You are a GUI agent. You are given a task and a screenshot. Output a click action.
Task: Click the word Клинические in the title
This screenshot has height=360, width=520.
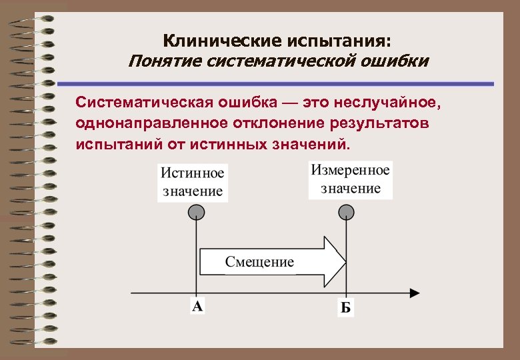coord(213,41)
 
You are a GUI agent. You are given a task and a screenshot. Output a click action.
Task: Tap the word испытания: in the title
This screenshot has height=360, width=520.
coord(344,41)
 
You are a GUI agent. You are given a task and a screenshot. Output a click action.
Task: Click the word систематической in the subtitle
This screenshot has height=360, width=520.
coord(288,62)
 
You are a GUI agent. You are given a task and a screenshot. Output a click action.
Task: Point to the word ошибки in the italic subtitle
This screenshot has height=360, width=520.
coord(397,62)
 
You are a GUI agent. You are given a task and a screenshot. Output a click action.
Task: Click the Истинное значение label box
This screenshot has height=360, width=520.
coord(192,181)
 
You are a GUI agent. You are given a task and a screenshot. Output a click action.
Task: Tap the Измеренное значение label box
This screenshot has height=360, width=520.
coord(350,179)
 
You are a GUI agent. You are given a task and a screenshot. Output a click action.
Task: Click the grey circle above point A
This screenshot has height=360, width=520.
coord(195,212)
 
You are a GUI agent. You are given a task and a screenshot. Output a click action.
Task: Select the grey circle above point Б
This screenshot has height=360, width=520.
coord(345,212)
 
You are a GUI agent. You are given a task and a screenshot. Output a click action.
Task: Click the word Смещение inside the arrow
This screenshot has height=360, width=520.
coord(259,261)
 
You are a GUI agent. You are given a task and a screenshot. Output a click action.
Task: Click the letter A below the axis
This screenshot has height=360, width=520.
coord(197,307)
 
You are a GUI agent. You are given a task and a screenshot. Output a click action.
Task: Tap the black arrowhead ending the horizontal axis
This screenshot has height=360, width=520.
coord(414,293)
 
